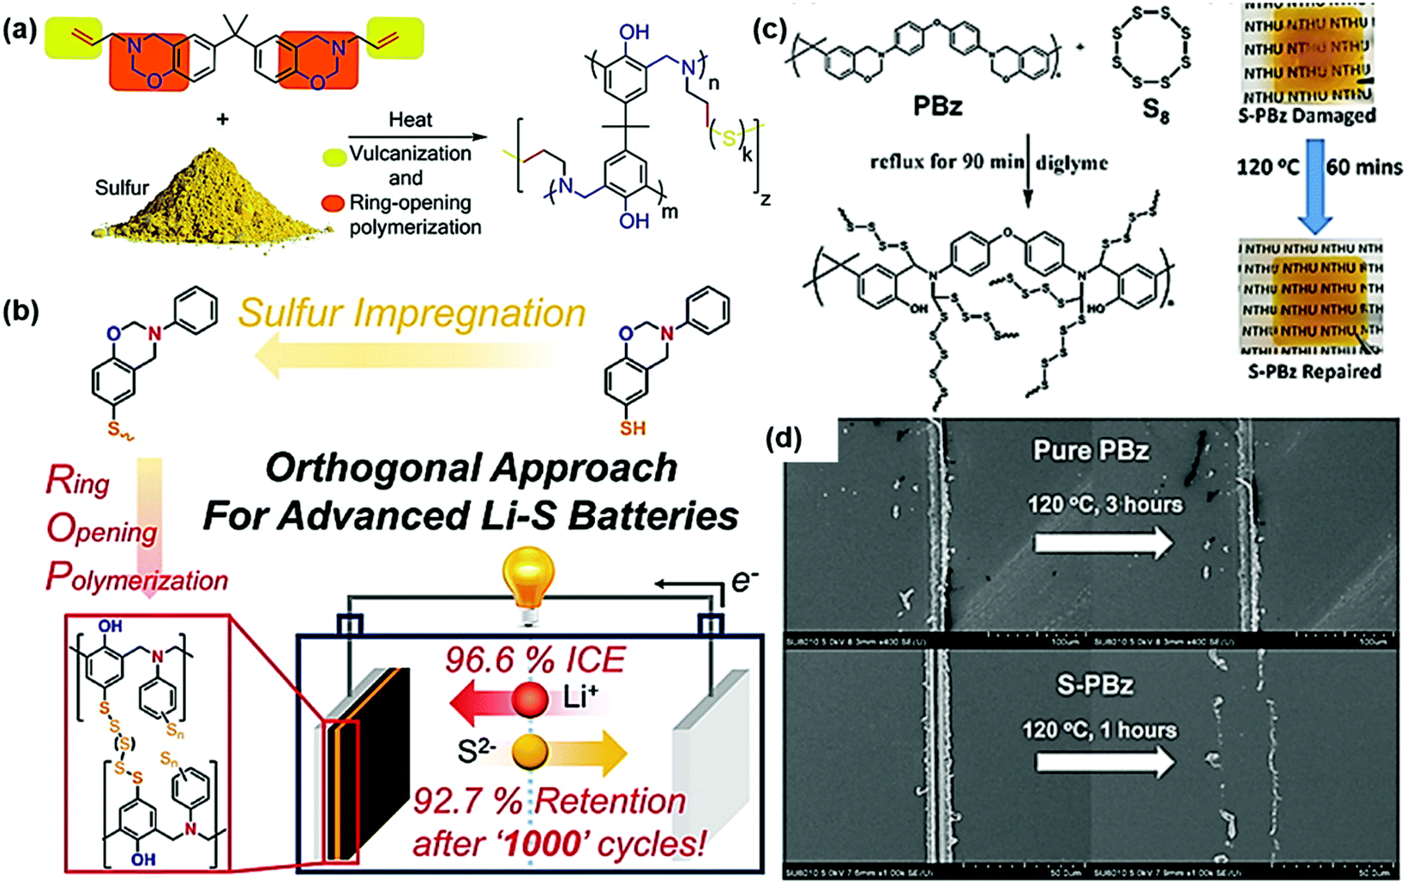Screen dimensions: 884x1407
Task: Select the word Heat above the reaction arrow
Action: click(x=410, y=119)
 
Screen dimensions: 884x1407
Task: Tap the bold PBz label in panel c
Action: click(x=939, y=107)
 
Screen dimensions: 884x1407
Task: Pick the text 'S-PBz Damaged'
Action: click(x=1306, y=116)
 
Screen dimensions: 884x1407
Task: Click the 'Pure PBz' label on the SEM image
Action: click(x=1090, y=451)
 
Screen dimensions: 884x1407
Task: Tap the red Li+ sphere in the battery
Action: click(x=530, y=700)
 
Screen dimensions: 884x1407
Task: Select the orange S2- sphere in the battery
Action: click(x=530, y=752)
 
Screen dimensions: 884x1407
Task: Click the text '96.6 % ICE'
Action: click(x=535, y=659)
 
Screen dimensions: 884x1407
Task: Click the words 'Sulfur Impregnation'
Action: click(x=412, y=313)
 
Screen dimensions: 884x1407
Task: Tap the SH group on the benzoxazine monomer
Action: click(x=633, y=427)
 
